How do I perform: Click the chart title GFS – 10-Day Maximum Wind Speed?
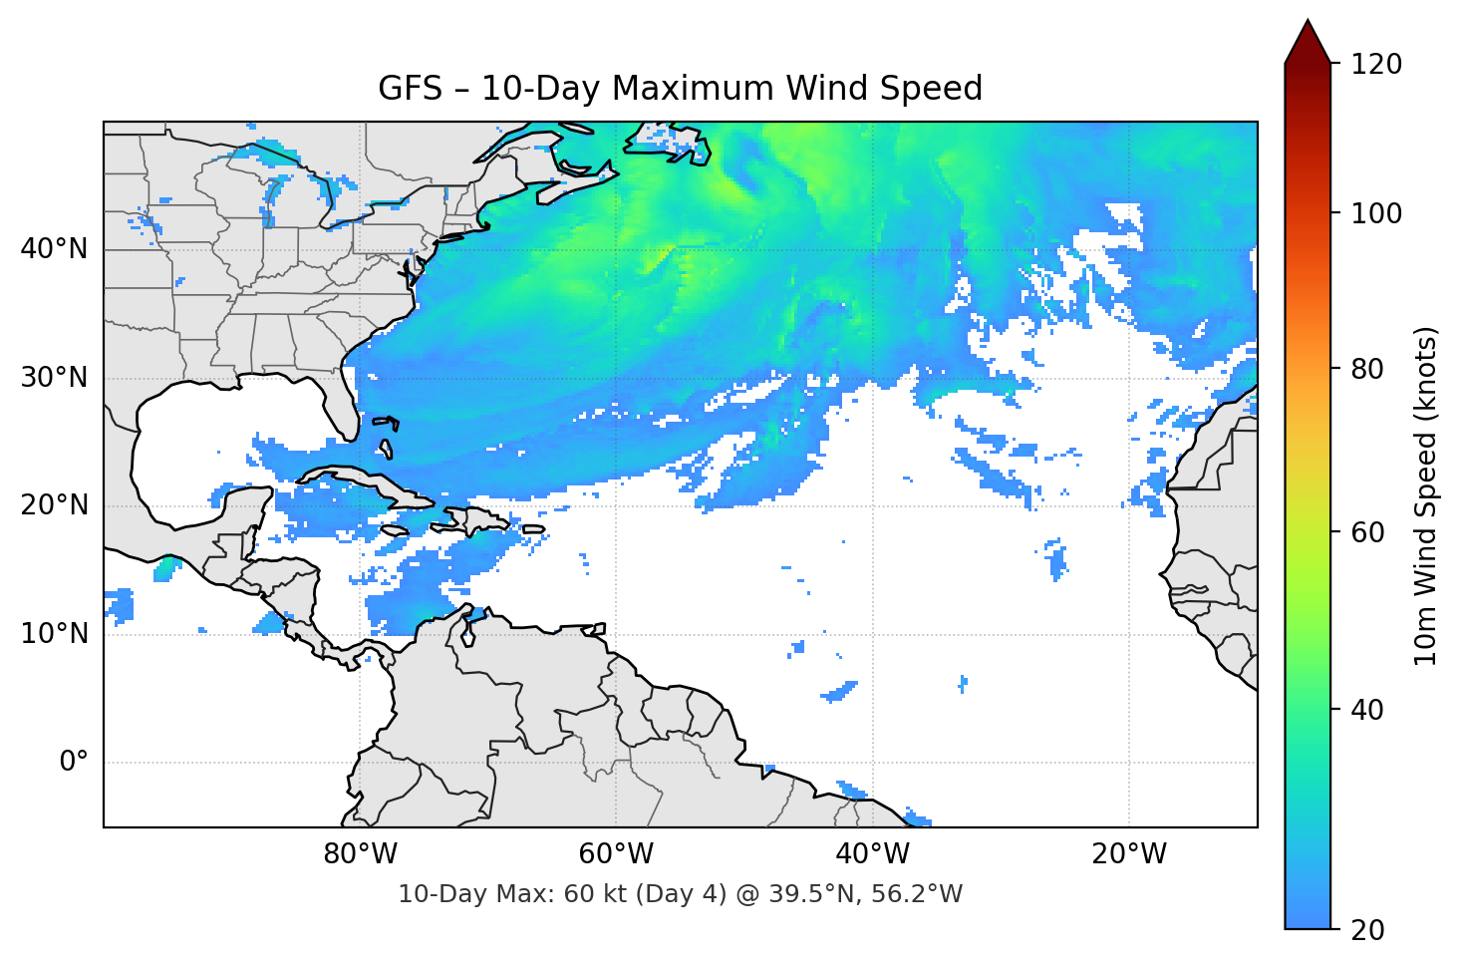680,89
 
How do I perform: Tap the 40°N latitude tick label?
54,249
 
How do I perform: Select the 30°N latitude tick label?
54,378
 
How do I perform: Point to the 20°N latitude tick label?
54,505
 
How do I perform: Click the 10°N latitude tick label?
54,634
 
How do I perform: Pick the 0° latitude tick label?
73,763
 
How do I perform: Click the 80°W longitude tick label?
360,854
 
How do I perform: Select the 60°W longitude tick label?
616,854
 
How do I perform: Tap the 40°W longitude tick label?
872,854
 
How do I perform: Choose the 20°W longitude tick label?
1128,854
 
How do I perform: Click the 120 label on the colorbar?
1376,64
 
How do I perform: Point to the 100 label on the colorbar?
1376,213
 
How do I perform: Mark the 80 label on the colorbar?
1369,369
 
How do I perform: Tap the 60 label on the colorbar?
1369,532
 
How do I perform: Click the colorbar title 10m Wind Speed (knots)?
1426,495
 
